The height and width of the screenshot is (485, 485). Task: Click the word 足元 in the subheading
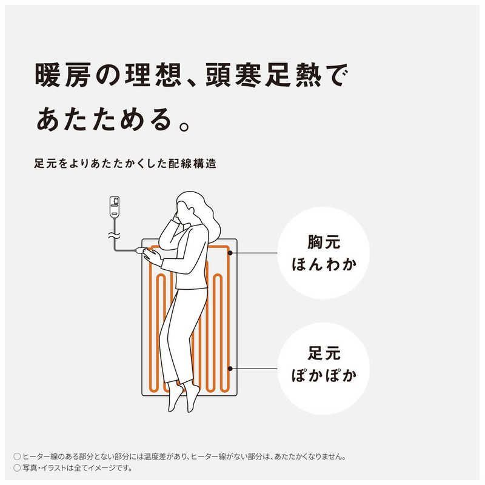point(45,164)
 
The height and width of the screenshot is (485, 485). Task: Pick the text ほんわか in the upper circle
point(324,265)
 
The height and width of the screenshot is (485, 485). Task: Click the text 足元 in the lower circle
point(324,353)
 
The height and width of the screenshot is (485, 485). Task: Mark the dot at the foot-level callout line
point(230,368)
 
